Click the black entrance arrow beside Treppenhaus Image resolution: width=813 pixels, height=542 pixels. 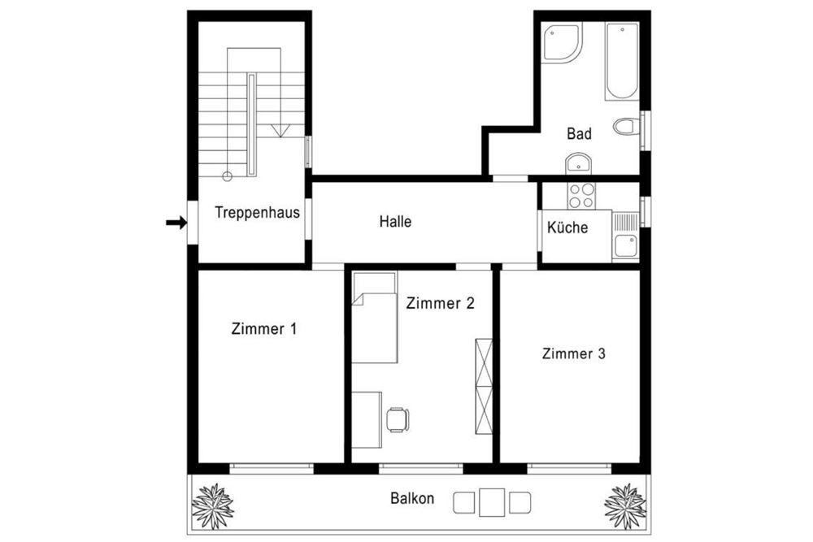(176, 223)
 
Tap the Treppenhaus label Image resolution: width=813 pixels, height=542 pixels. (257, 213)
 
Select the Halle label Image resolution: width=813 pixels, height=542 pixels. (395, 221)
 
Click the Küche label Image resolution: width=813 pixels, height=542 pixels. (567, 228)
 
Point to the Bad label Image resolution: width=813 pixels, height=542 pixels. (579, 134)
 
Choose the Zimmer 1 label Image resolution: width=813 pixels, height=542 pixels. (264, 329)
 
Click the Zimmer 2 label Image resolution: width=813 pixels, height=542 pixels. (440, 303)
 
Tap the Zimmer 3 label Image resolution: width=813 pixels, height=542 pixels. (573, 353)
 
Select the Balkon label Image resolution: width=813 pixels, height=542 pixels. (412, 499)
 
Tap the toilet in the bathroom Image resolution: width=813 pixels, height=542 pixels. (626, 127)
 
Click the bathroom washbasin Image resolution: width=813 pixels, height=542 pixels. (579, 163)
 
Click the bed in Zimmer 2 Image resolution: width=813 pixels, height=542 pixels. (374, 319)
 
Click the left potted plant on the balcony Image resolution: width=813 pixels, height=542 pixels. (213, 505)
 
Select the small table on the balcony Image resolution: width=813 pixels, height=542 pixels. (493, 501)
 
